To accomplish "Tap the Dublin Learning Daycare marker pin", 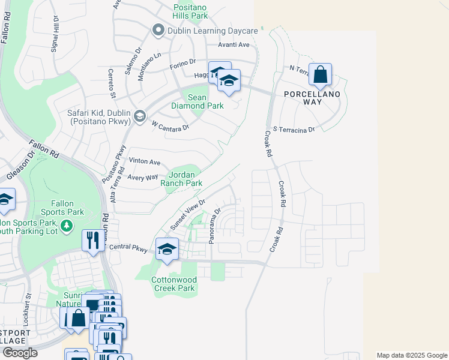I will [x=158, y=30].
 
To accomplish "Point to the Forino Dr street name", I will [x=184, y=61].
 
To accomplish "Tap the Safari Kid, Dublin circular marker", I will [x=139, y=116].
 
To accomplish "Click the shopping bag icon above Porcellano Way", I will [x=321, y=76].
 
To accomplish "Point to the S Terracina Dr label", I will [x=294, y=129].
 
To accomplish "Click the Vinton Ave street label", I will [x=145, y=162].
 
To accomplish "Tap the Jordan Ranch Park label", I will [x=185, y=178].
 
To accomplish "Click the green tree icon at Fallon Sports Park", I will [x=68, y=225].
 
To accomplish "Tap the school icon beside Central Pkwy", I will [x=167, y=250].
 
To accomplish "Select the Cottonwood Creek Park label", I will [x=173, y=284].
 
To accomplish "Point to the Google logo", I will [x=19, y=353].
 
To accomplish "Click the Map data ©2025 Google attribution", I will [x=411, y=355].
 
